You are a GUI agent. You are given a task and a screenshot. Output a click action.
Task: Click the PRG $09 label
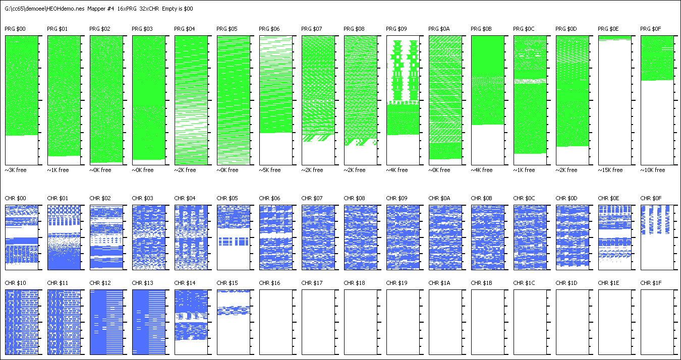(x=396, y=29)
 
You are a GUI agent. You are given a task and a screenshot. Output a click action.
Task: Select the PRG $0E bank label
(x=608, y=29)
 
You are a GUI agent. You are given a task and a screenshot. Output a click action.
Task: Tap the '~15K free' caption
(x=610, y=170)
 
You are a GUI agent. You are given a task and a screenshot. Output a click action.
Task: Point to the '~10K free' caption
(x=653, y=170)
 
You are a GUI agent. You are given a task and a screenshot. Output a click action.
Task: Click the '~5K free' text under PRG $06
(x=270, y=170)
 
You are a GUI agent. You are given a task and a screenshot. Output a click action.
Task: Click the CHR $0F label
(x=651, y=199)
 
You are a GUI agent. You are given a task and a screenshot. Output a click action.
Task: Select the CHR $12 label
(x=100, y=283)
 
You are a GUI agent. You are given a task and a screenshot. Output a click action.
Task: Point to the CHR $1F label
(x=651, y=283)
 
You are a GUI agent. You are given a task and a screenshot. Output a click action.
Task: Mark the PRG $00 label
(x=15, y=29)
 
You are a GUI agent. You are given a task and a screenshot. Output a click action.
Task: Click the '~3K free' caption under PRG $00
(x=16, y=170)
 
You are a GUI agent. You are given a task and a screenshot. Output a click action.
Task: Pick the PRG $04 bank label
(x=185, y=29)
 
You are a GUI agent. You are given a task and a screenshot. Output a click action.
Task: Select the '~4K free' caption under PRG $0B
(x=482, y=170)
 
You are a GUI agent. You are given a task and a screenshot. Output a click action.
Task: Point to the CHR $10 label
(x=15, y=283)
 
